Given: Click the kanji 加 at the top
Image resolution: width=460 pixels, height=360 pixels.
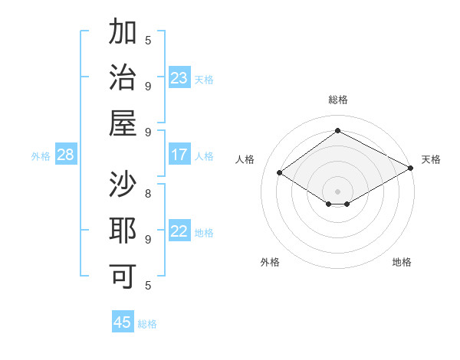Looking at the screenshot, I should click(x=123, y=34).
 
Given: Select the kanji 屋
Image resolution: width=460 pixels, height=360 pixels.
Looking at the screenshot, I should click(x=123, y=123).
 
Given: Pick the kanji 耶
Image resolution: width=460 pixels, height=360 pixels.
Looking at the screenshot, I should click(x=123, y=231).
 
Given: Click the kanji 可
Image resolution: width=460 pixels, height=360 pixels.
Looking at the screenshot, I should click(x=123, y=277).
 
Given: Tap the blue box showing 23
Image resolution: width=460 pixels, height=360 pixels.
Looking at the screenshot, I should click(x=179, y=78).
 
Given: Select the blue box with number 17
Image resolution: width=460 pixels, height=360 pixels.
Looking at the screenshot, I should click(x=179, y=155).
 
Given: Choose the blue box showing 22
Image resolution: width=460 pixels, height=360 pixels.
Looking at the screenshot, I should click(x=179, y=231).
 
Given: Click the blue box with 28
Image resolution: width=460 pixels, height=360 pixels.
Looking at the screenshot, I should click(x=66, y=155).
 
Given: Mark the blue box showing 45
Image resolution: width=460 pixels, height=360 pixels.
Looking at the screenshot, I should click(x=123, y=322).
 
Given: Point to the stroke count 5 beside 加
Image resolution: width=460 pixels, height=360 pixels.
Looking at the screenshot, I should click(x=148, y=41).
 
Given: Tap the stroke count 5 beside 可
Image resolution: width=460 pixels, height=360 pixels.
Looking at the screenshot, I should click(x=148, y=286).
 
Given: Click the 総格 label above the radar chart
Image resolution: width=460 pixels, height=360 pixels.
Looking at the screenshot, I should click(x=338, y=100).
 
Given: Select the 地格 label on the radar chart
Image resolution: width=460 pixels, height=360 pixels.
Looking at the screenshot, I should click(x=402, y=262).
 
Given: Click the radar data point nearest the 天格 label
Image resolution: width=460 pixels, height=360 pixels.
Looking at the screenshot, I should click(x=411, y=169).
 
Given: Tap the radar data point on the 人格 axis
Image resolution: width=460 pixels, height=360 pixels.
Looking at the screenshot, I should click(x=280, y=173).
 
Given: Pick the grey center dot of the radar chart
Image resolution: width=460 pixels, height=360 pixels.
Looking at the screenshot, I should click(x=338, y=191).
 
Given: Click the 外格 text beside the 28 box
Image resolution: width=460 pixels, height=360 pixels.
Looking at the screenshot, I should click(x=41, y=155).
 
